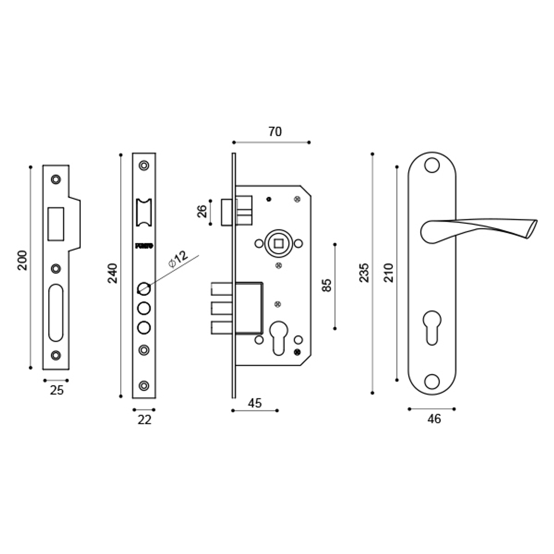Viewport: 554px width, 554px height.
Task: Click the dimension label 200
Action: click(22, 260)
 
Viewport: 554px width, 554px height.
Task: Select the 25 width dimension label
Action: click(57, 390)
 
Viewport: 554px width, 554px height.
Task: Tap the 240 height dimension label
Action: click(112, 274)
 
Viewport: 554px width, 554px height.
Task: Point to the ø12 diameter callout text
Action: click(178, 259)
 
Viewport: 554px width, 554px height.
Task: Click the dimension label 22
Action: click(144, 420)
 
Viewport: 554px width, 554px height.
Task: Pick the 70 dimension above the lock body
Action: click(275, 132)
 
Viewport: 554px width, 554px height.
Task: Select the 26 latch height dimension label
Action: click(202, 212)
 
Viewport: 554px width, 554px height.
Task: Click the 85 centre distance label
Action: click(326, 285)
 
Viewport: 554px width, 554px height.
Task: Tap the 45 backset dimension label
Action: click(254, 403)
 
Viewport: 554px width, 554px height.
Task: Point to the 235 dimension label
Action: click(364, 273)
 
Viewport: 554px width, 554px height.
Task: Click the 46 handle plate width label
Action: click(434, 419)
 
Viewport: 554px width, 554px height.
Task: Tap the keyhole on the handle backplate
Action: click(432, 327)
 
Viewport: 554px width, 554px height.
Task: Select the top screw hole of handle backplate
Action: click(432, 165)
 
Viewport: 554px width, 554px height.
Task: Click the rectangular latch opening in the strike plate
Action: click(55, 223)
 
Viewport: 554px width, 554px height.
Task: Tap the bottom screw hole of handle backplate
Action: click(432, 381)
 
